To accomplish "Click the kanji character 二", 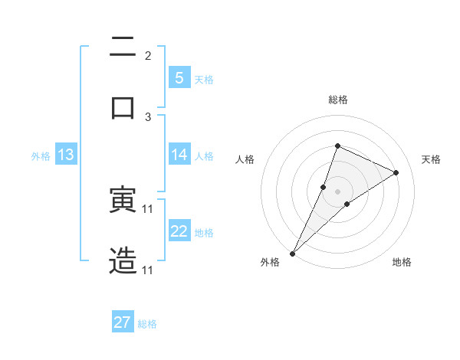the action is pyautogui.click(x=123, y=48).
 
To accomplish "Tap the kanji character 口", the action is pyautogui.click(x=123, y=105).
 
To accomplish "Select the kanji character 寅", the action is pyautogui.click(x=123, y=201).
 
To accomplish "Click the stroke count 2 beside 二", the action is pyautogui.click(x=148, y=55).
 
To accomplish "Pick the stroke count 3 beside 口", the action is pyautogui.click(x=148, y=116).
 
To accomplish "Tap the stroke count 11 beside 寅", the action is pyautogui.click(x=148, y=208).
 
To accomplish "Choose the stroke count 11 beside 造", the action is pyautogui.click(x=148, y=270).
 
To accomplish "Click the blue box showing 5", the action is pyautogui.click(x=179, y=78).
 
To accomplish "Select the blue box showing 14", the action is pyautogui.click(x=179, y=155).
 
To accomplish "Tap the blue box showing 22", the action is pyautogui.click(x=179, y=232).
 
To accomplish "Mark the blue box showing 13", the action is pyautogui.click(x=65, y=155).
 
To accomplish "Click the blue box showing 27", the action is pyautogui.click(x=123, y=322).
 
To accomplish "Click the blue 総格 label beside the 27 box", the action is pyautogui.click(x=147, y=324).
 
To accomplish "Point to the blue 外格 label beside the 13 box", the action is pyautogui.click(x=41, y=156).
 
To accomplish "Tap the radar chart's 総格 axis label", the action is pyautogui.click(x=337, y=100).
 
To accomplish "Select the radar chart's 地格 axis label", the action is pyautogui.click(x=402, y=263).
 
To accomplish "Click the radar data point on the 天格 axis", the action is pyautogui.click(x=396, y=172).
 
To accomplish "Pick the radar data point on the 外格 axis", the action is pyautogui.click(x=292, y=254).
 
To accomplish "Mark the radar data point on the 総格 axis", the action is pyautogui.click(x=337, y=146).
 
